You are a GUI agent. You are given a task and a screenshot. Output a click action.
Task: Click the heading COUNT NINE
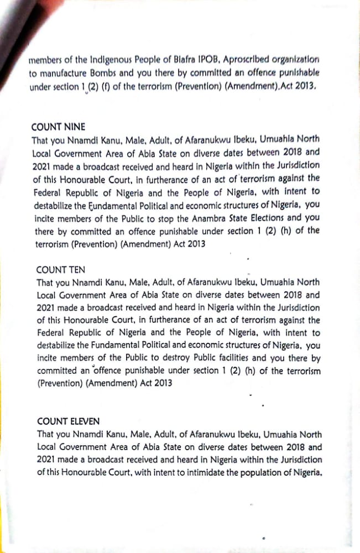point(59,126)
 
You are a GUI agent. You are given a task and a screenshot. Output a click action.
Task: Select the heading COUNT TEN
point(61,270)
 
